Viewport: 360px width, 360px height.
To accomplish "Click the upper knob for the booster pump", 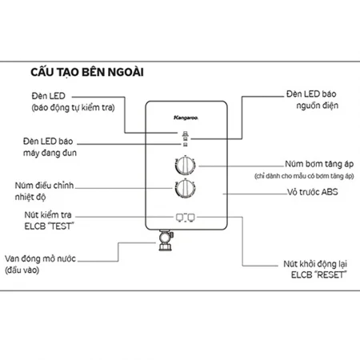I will click(x=184, y=166).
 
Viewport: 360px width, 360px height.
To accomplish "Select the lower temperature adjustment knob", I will click(x=184, y=190).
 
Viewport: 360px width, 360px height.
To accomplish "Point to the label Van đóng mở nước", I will click(x=44, y=258).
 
